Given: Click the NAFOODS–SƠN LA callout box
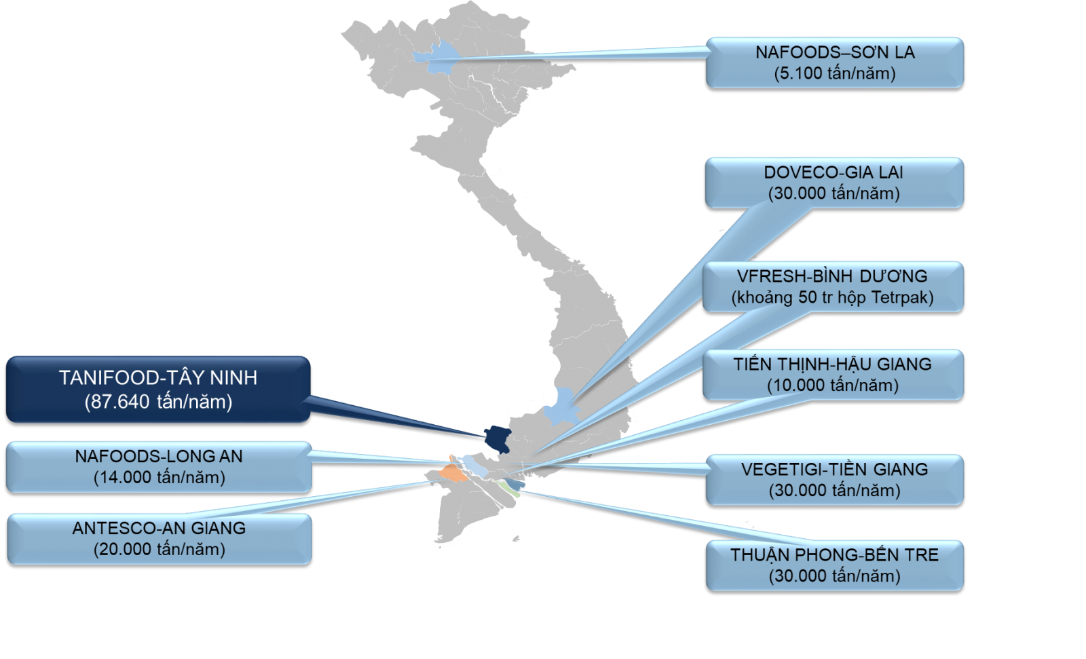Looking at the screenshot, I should (834, 62).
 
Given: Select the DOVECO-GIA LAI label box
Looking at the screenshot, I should (834, 183).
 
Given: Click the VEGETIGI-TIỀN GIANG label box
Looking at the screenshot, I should (834, 479).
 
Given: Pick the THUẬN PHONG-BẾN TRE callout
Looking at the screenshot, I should (834, 565).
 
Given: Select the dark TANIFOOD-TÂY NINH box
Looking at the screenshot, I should (158, 390).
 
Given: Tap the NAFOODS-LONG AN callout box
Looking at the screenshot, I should (159, 466).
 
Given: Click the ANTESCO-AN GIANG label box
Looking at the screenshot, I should (159, 538).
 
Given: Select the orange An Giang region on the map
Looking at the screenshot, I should (449, 472).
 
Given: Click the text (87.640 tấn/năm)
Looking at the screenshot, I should (158, 402).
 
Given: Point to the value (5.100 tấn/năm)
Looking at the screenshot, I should (834, 73).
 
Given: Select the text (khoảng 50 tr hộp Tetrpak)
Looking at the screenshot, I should (832, 297).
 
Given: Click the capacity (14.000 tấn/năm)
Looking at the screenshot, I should (159, 477).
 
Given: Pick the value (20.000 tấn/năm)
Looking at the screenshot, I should (159, 549).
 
